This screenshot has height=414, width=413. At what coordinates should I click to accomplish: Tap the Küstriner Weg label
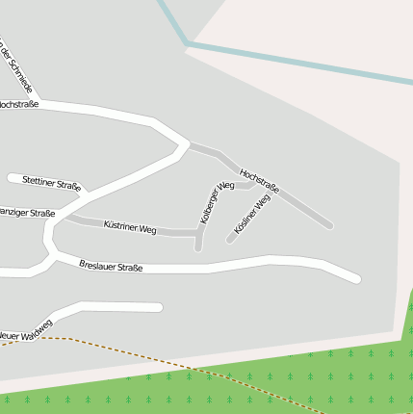point(129,228)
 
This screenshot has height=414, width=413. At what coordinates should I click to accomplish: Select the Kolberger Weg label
point(217,203)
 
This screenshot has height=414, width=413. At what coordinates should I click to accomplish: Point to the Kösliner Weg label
point(252,214)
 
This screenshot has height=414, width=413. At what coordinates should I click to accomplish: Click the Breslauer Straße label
point(111,266)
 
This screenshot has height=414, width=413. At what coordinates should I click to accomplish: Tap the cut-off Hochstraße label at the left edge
point(18,103)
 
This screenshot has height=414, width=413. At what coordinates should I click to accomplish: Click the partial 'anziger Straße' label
point(26,213)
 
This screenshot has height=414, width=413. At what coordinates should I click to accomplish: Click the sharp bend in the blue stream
point(187,44)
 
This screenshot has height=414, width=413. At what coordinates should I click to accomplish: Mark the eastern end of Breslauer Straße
point(356,279)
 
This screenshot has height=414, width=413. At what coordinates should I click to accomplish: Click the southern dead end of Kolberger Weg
point(198,247)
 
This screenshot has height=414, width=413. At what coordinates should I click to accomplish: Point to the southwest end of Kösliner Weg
point(230,240)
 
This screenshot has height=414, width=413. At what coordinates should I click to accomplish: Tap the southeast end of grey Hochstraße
point(329,225)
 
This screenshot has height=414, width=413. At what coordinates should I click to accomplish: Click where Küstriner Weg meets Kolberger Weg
point(198,233)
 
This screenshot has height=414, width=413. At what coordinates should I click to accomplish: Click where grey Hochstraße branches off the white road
point(187,146)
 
